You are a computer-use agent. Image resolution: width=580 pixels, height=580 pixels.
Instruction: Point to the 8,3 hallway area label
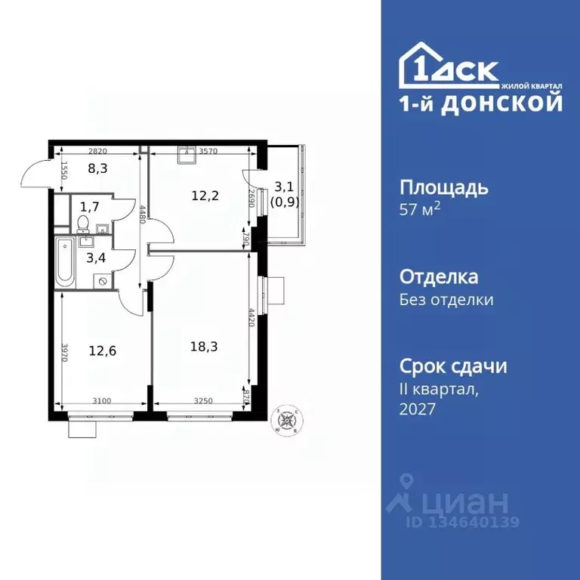click(97, 168)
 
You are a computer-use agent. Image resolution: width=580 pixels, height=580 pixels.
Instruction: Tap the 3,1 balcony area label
click(284, 187)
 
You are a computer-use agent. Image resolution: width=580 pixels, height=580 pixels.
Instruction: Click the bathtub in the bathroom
click(65, 261)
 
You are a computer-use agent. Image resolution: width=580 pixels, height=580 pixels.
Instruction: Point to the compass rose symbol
click(287, 418)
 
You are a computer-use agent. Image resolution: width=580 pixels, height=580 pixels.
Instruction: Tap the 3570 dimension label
click(208, 151)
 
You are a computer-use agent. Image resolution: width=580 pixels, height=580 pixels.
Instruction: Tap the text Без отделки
click(446, 300)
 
